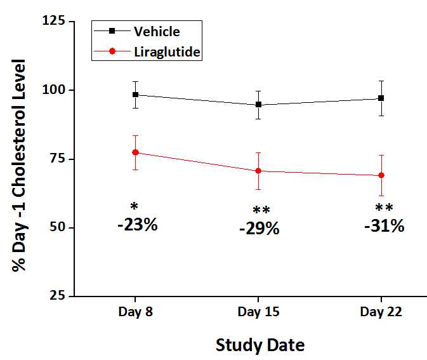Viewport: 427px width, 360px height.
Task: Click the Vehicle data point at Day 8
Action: pyautogui.click(x=135, y=95)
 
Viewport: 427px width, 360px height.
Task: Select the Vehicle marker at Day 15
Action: pyautogui.click(x=258, y=105)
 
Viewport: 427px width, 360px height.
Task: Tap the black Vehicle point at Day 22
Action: pyautogui.click(x=381, y=98)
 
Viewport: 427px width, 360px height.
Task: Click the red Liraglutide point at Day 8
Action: pyautogui.click(x=135, y=152)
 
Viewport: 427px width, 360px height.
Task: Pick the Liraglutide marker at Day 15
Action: pyautogui.click(x=258, y=171)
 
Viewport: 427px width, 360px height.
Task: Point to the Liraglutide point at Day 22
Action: pyautogui.click(x=381, y=175)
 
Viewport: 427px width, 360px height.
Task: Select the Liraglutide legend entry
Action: pyautogui.click(x=168, y=52)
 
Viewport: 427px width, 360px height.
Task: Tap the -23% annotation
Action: pyautogui.click(x=137, y=224)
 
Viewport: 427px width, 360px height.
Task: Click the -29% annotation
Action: pyautogui.click(x=259, y=229)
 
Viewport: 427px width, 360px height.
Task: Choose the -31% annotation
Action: pyautogui.click(x=384, y=225)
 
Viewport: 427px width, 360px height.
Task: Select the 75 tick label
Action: pyautogui.click(x=56, y=159)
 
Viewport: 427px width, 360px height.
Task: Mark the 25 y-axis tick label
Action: pyautogui.click(x=56, y=296)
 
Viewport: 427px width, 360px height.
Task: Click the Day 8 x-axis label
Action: pyautogui.click(x=135, y=312)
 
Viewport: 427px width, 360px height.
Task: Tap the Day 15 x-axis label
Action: pyautogui.click(x=258, y=312)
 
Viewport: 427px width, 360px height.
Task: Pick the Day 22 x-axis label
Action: pyautogui.click(x=381, y=312)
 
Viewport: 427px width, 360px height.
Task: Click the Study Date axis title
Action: pyautogui.click(x=260, y=345)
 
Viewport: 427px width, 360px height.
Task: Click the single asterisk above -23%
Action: pyautogui.click(x=134, y=207)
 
